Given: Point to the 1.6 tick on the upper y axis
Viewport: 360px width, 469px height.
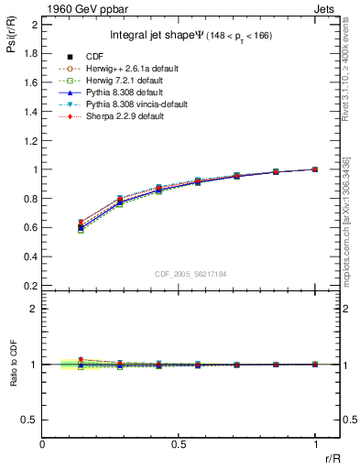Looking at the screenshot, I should point(33,82).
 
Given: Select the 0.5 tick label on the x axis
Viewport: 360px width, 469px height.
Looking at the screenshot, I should point(179,444).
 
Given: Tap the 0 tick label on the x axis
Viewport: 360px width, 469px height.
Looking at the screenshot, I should point(43,444).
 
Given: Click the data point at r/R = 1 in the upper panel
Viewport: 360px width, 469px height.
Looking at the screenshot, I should point(315,169).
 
